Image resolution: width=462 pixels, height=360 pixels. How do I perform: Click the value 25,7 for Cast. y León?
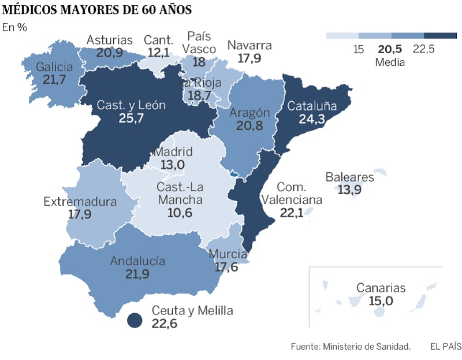131,118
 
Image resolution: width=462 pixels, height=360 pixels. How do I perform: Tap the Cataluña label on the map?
312,106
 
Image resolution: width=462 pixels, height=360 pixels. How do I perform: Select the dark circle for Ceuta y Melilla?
135,321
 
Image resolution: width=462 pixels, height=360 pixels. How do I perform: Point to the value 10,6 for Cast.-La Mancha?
180,213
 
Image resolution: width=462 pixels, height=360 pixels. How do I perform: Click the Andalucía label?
137,261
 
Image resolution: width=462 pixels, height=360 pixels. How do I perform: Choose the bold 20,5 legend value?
390,49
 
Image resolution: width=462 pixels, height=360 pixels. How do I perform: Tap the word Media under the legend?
390,62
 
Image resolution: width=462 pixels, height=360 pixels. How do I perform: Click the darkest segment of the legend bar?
440,36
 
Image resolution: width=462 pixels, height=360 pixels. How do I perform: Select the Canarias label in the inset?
381,288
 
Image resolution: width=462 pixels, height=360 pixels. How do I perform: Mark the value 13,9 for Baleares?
349,190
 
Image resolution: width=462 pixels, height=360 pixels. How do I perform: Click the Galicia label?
54,67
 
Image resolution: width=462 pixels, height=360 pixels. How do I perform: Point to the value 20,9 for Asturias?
110,53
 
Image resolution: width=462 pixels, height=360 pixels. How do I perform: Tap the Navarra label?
249,46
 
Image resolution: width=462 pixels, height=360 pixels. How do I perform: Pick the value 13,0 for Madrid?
173,165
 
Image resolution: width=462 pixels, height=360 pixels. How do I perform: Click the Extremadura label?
80,202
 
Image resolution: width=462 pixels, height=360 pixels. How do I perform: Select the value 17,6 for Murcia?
226,267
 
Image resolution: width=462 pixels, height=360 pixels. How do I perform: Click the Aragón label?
249,113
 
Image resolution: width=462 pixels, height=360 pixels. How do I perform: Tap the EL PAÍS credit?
446,346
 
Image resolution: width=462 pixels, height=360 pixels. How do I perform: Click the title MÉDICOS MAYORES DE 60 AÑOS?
97,10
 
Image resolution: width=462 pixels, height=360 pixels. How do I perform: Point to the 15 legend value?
358,49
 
